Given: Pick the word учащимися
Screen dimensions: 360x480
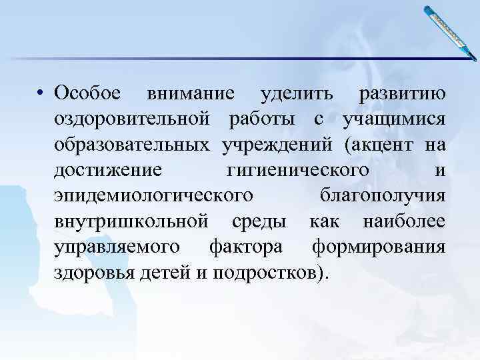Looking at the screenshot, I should (393, 120).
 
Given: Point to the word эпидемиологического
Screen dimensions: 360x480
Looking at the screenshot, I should (154, 196).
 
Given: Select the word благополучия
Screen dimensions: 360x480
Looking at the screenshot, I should (383, 196).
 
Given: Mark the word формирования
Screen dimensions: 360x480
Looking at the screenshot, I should (378, 247).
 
